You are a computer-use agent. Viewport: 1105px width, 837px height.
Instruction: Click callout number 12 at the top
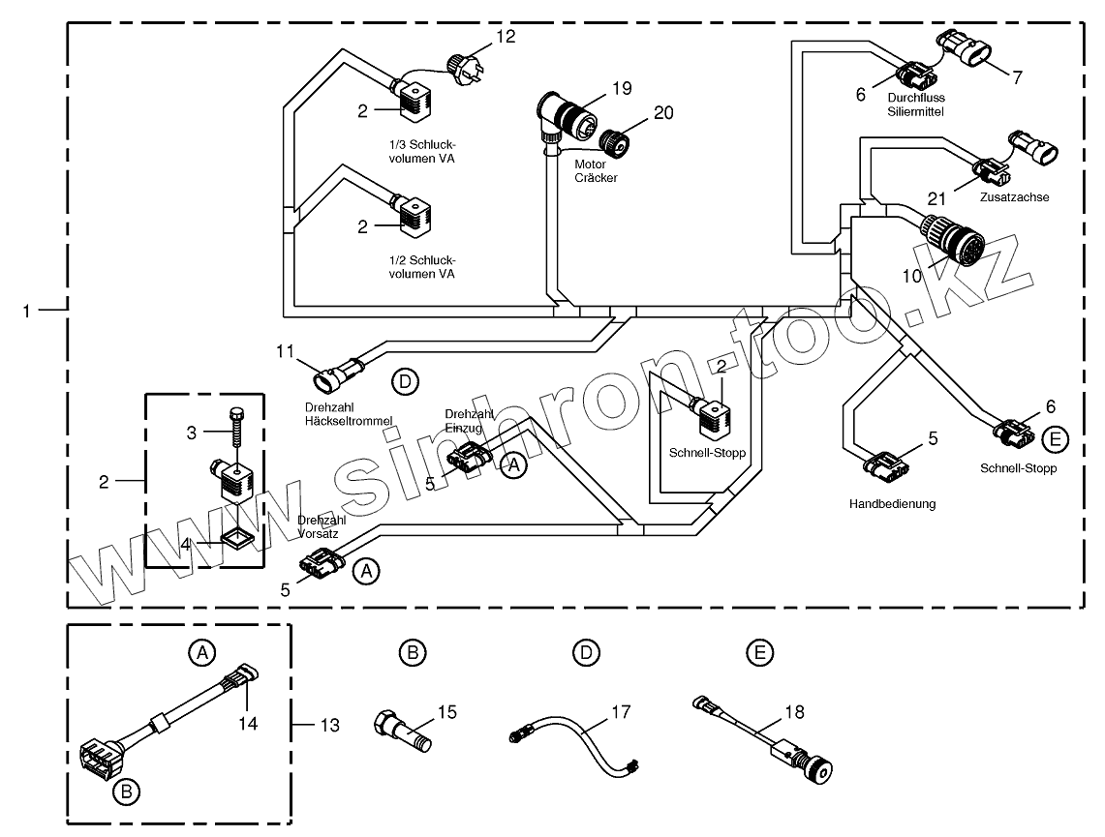click(506, 36)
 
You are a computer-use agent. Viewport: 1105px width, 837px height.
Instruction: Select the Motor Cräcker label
click(596, 171)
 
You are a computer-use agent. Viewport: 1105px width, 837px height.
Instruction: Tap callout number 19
click(622, 89)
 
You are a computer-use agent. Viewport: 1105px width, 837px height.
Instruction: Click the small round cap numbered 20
click(614, 140)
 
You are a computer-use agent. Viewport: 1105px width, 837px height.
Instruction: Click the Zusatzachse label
click(1014, 197)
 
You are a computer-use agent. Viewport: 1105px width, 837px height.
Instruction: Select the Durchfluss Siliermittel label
click(916, 105)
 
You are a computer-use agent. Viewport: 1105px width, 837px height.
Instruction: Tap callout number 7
click(1017, 77)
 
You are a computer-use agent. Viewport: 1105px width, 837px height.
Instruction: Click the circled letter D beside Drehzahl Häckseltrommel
click(405, 382)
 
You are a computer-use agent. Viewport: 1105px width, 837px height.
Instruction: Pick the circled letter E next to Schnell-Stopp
click(1055, 439)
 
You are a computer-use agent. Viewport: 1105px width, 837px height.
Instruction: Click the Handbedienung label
click(892, 504)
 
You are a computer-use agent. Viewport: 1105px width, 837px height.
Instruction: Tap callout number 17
click(621, 712)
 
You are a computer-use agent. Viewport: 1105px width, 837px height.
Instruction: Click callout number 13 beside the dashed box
click(330, 725)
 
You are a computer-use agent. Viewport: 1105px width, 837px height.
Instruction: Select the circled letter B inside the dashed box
click(127, 792)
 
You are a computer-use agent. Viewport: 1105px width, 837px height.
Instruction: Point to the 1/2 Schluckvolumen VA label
click(422, 267)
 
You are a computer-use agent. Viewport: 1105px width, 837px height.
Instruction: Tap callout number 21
click(936, 198)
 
